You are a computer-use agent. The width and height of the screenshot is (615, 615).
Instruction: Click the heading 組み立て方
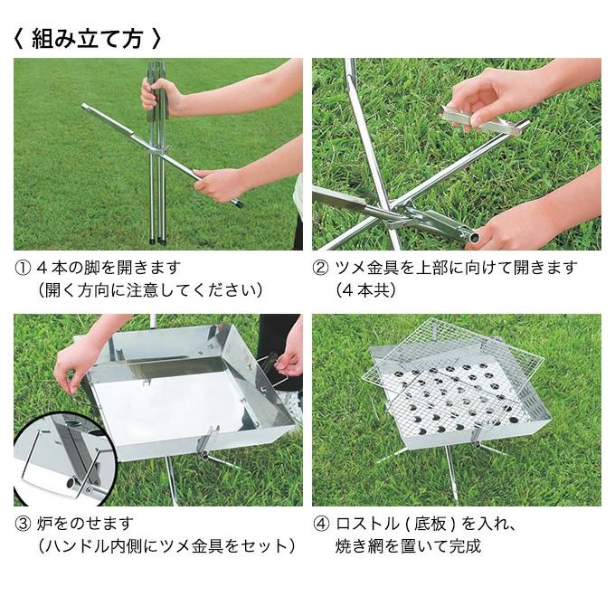coord(87,39)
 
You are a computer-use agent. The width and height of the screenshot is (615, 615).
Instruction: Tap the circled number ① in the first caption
coord(23,269)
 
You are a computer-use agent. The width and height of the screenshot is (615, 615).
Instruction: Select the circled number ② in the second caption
coord(320,269)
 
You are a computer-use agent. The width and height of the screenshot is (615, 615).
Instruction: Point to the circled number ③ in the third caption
coord(23,524)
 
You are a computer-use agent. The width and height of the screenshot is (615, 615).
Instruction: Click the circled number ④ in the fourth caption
coord(320,524)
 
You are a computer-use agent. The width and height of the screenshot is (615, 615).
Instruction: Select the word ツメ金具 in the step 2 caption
coord(366,269)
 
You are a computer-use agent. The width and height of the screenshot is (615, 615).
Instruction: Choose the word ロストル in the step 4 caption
coord(366,524)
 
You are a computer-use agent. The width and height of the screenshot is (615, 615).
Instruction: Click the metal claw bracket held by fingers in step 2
coord(480,119)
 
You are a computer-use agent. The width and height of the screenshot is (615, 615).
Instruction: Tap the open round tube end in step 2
coord(475,237)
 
